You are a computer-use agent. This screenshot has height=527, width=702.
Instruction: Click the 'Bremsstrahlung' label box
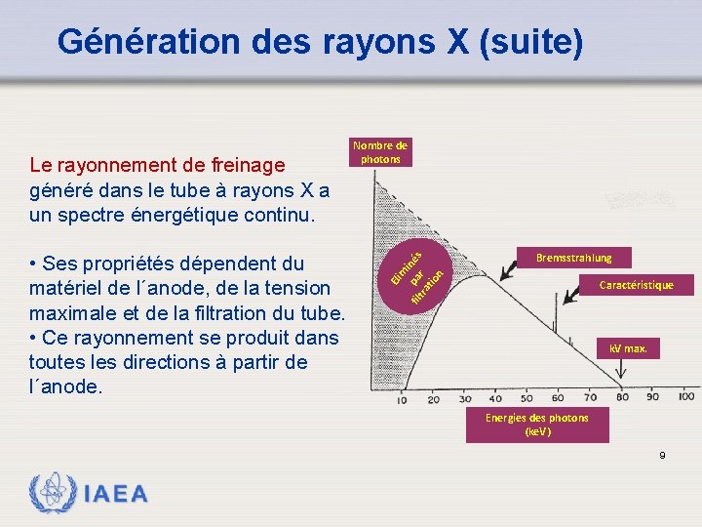click(x=573, y=258)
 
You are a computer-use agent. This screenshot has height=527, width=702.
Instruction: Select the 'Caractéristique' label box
click(x=636, y=285)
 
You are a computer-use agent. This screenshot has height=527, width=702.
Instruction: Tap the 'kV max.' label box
click(x=627, y=348)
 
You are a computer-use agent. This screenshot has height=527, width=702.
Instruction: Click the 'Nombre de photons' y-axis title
click(x=380, y=152)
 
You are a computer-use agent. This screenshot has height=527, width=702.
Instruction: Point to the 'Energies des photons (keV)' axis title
click(x=537, y=424)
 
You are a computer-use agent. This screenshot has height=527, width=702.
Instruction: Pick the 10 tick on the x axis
click(x=403, y=399)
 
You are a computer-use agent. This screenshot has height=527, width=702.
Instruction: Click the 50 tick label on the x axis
click(x=527, y=398)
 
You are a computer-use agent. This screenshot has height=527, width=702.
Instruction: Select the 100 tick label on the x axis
click(x=685, y=397)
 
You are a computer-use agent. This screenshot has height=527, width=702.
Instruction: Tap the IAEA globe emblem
click(x=52, y=494)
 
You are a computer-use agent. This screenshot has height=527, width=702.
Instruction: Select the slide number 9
click(x=663, y=456)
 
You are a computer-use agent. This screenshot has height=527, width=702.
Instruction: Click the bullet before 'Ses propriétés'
click(x=34, y=264)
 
